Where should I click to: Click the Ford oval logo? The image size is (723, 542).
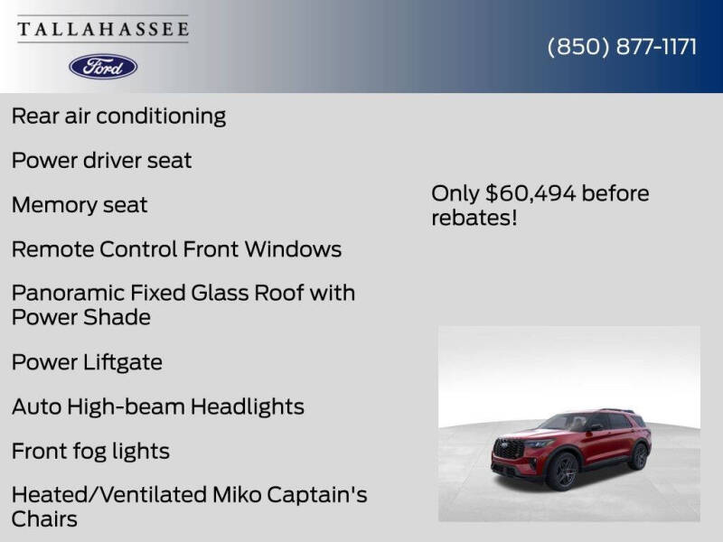[x=103, y=66]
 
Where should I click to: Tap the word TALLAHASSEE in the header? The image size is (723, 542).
[x=103, y=30]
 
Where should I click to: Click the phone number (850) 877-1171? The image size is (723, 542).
[x=622, y=47]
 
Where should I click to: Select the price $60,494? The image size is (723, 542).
[x=531, y=193]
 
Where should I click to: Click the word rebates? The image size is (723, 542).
[x=474, y=218]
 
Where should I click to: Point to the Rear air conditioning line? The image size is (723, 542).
[x=118, y=116]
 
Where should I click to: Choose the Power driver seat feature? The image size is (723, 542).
[x=101, y=160]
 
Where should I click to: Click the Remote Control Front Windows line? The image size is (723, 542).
[x=176, y=248]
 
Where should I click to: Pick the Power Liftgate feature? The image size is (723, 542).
[x=87, y=362]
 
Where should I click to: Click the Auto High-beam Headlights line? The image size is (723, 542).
[x=157, y=406]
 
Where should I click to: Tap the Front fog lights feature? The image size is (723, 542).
[x=90, y=451]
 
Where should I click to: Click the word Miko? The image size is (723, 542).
[x=239, y=495]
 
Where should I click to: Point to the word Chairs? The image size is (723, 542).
[x=44, y=519]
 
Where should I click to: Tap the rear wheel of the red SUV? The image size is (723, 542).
[x=640, y=456]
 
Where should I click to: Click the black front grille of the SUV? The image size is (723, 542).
[x=510, y=448]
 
